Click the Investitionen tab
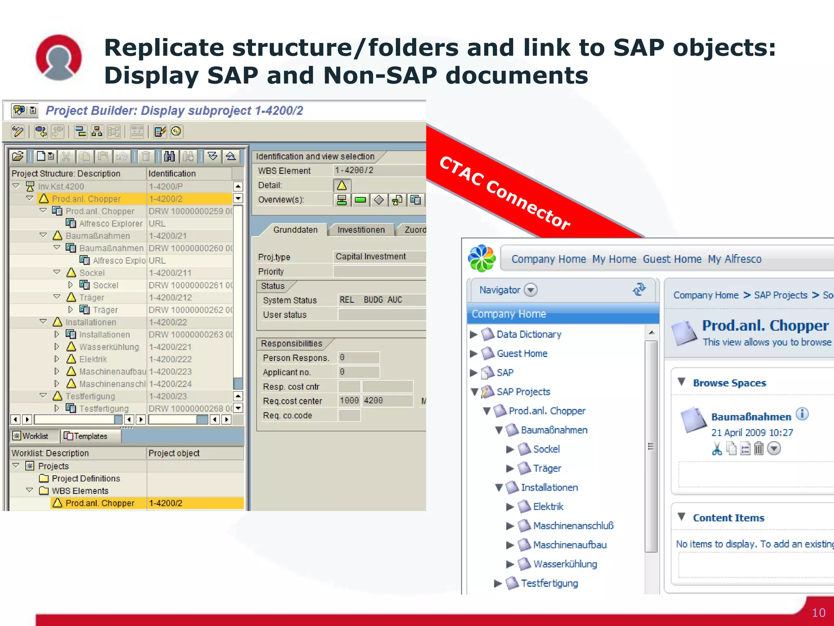pyautogui.click(x=361, y=230)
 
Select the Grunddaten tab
pyautogui.click(x=295, y=230)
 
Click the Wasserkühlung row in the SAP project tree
pyautogui.click(x=109, y=347)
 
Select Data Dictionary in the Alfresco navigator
pyautogui.click(x=529, y=335)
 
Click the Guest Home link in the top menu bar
pyautogui.click(x=672, y=259)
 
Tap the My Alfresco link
pyautogui.click(x=735, y=259)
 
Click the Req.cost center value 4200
pyautogui.click(x=373, y=401)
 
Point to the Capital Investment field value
pyautogui.click(x=371, y=256)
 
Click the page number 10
pyautogui.click(x=819, y=613)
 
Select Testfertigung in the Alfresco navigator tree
pyautogui.click(x=549, y=583)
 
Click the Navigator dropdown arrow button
pyautogui.click(x=531, y=290)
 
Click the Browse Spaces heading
pyautogui.click(x=729, y=383)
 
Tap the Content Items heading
pyautogui.click(x=729, y=518)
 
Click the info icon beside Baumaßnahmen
pyautogui.click(x=802, y=414)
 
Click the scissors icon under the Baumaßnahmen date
pyautogui.click(x=717, y=449)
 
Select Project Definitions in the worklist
pyautogui.click(x=86, y=478)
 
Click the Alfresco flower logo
pyautogui.click(x=482, y=258)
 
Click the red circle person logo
pyautogui.click(x=59, y=57)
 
